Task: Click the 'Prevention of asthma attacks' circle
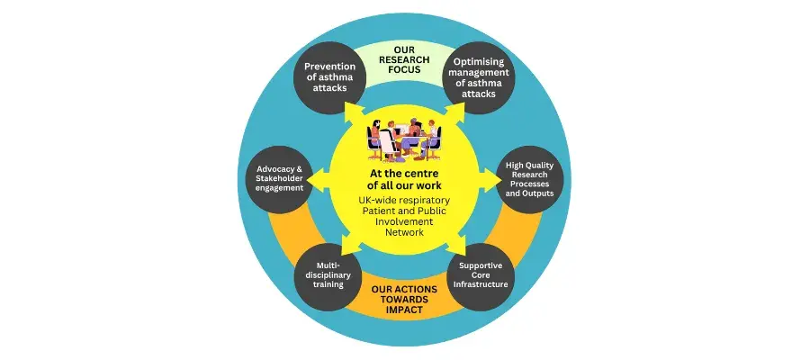[x=329, y=77]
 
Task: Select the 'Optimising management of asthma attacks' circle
[x=479, y=77]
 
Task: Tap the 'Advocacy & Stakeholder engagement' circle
[x=280, y=179]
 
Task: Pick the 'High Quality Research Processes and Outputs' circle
[x=529, y=179]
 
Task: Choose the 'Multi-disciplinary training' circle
[x=329, y=276]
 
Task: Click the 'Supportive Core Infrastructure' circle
[x=481, y=276]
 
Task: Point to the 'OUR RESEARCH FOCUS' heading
[x=404, y=60]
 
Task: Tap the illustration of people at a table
[x=404, y=139]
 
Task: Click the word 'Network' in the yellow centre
[x=404, y=232]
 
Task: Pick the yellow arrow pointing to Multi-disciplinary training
[x=353, y=244]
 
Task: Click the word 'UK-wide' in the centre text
[x=376, y=200]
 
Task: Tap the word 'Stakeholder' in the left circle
[x=280, y=179]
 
